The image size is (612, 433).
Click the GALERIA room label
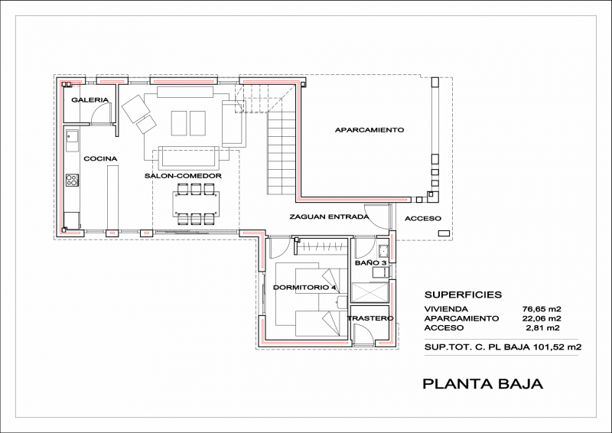pos(90,100)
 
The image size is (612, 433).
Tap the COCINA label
pos(100,158)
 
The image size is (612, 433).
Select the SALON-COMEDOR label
pos(183,176)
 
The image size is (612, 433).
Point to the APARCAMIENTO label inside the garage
pos(369,129)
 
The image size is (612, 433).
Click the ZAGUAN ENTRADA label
pos(329,216)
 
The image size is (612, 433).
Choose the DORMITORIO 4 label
pos(304,288)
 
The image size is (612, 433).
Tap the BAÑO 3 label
pos(370,262)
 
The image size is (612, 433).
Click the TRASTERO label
pos(370,318)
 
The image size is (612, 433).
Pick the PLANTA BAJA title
pos(483,384)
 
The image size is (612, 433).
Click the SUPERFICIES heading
pos(463,295)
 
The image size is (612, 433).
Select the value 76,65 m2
pos(542,309)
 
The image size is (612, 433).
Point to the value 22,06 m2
pos(542,318)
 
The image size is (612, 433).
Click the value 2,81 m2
pos(543,328)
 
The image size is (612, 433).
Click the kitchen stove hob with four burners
pos(72,180)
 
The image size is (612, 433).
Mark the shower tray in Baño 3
pos(369,291)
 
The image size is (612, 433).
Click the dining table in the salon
pos(197,203)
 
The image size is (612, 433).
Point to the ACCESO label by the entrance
pos(423,219)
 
